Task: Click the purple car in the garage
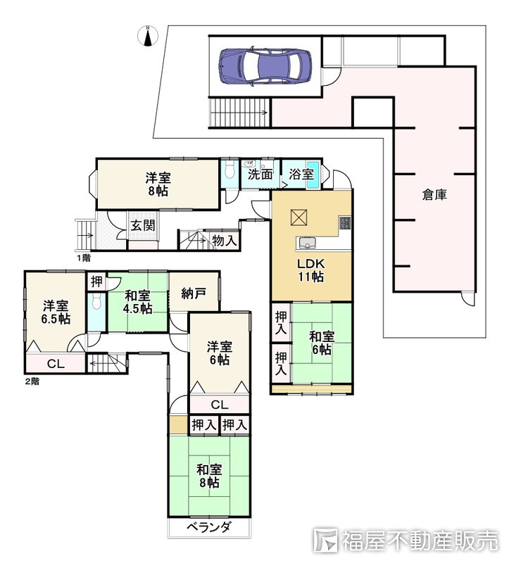click(265, 66)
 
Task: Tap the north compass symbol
click(148, 36)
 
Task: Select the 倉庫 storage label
click(434, 195)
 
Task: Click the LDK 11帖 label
click(311, 270)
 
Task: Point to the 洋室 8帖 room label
click(158, 184)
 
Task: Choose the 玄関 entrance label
click(143, 225)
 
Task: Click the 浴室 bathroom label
click(301, 175)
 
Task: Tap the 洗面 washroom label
click(260, 175)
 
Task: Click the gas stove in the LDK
click(345, 222)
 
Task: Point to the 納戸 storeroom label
click(194, 293)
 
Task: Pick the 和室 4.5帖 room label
click(137, 303)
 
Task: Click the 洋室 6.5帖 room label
click(56, 312)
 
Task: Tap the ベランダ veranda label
click(209, 527)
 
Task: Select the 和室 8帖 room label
click(209, 476)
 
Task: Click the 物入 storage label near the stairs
click(225, 241)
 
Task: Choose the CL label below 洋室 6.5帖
click(56, 364)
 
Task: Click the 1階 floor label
click(83, 258)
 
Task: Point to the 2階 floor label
click(32, 381)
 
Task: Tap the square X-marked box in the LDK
click(299, 217)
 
